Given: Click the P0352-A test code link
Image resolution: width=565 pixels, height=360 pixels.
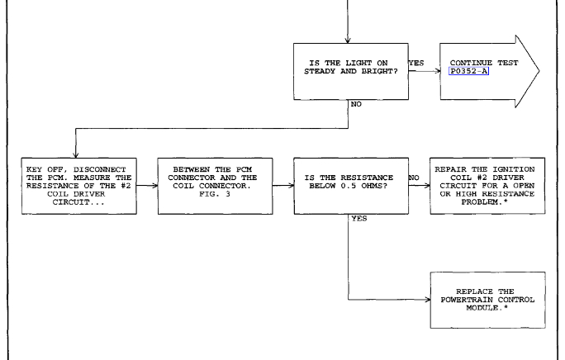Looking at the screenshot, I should click(473, 72).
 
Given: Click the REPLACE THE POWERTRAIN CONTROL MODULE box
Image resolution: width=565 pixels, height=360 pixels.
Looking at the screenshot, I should click(487, 300).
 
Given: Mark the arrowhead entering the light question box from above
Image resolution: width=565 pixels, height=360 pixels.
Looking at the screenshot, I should click(348, 40).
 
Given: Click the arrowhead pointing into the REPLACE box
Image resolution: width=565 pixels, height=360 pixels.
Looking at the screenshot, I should click(426, 300).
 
